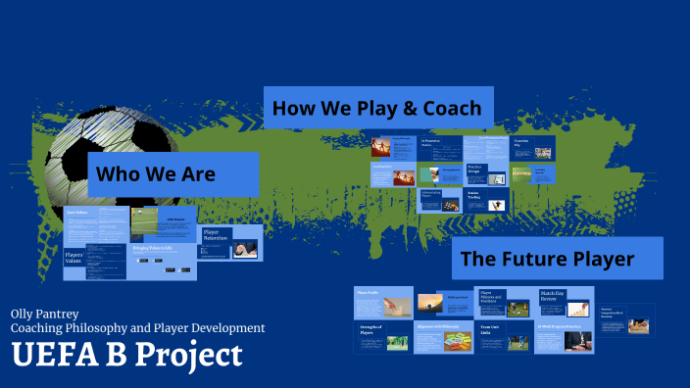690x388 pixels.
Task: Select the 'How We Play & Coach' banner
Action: click(376, 108)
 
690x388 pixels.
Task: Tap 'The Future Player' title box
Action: click(547, 259)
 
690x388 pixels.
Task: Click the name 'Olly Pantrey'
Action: click(45, 313)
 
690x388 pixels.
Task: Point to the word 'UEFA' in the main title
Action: click(50, 355)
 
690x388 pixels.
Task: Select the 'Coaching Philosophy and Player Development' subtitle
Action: click(137, 328)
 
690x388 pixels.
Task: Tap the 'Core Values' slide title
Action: click(78, 212)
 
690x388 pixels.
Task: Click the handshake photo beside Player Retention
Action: click(245, 250)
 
